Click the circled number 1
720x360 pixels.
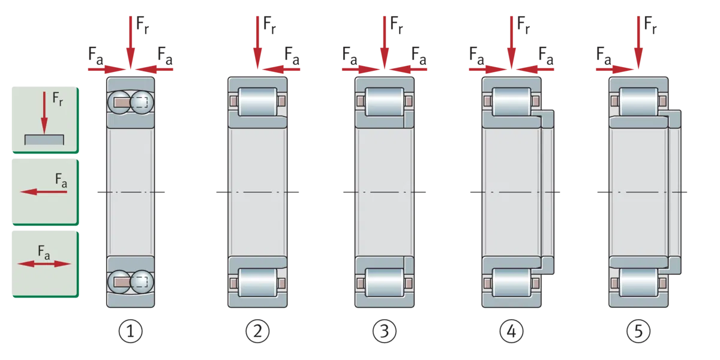tap(131, 331)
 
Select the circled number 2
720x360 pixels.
tap(257, 331)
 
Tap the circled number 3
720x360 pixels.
tap(385, 331)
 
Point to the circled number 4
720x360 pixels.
tap(511, 331)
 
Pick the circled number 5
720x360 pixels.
tap(638, 331)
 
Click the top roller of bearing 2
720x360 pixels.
tap(257, 101)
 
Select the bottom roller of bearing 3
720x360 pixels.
tap(385, 283)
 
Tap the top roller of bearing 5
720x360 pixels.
tap(638, 101)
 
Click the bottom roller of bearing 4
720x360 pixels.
tap(511, 283)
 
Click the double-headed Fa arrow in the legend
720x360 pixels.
tap(44, 264)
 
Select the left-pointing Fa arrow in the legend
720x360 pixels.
tap(44, 192)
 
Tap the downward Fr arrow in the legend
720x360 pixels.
tap(44, 113)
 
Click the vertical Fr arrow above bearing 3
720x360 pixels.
tap(385, 43)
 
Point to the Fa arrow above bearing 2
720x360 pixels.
tap(281, 69)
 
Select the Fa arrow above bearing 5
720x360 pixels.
tap(615, 69)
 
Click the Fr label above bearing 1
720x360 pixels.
tap(142, 25)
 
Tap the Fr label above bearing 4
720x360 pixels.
tap(523, 25)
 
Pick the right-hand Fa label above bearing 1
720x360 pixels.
tap(165, 56)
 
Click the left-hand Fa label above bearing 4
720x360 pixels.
tap(476, 56)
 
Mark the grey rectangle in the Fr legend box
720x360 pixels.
tap(44, 140)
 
